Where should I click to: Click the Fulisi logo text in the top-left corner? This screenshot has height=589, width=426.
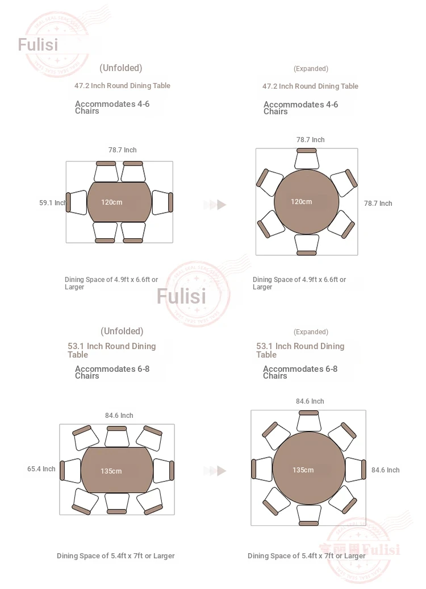pos(38,45)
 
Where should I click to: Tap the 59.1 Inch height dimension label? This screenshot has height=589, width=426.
pos(53,203)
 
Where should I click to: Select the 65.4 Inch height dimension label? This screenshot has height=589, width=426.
pos(41,469)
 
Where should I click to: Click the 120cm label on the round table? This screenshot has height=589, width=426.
pos(302,202)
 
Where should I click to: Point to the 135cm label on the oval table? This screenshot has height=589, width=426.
pos(111,471)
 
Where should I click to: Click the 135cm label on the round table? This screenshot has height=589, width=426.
pos(303,470)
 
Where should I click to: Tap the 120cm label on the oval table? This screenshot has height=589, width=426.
pos(111,202)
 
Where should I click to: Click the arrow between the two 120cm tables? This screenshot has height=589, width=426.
pos(215,205)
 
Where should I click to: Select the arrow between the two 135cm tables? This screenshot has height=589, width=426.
pos(215,471)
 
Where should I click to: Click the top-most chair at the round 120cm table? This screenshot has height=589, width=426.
pos(307,159)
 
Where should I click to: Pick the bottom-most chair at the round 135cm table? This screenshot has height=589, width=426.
pos(308,515)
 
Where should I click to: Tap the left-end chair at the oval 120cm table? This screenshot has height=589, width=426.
pos(77,202)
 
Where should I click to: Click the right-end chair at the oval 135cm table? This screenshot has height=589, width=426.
pos(164,471)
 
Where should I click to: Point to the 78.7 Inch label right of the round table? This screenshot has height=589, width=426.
pos(378,204)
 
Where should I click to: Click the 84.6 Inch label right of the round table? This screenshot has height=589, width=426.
pos(386,470)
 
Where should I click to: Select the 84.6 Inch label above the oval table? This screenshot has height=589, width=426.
pos(119,416)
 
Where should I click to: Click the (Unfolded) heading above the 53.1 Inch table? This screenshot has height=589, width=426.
pos(122,331)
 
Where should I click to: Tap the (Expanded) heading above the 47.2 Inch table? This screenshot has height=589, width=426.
pos(311,69)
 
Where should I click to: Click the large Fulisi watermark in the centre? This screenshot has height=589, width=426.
pos(181,296)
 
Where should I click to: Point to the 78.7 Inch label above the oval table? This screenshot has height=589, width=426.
pos(122,150)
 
